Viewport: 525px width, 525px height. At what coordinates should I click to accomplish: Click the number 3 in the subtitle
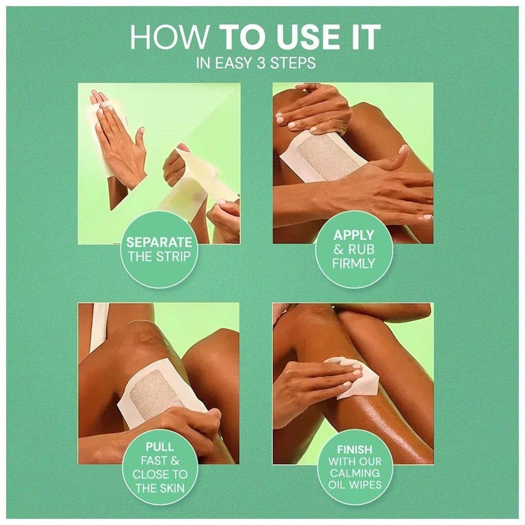pos(261,62)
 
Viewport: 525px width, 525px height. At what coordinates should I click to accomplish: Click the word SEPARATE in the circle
pos(159,242)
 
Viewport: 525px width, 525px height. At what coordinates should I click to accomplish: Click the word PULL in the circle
pos(160,446)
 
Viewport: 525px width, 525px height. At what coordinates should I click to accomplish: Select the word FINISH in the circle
pos(354,449)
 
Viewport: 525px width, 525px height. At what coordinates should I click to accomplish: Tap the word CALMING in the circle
pos(354,472)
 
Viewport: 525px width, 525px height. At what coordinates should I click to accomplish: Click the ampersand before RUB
pos(338,249)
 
